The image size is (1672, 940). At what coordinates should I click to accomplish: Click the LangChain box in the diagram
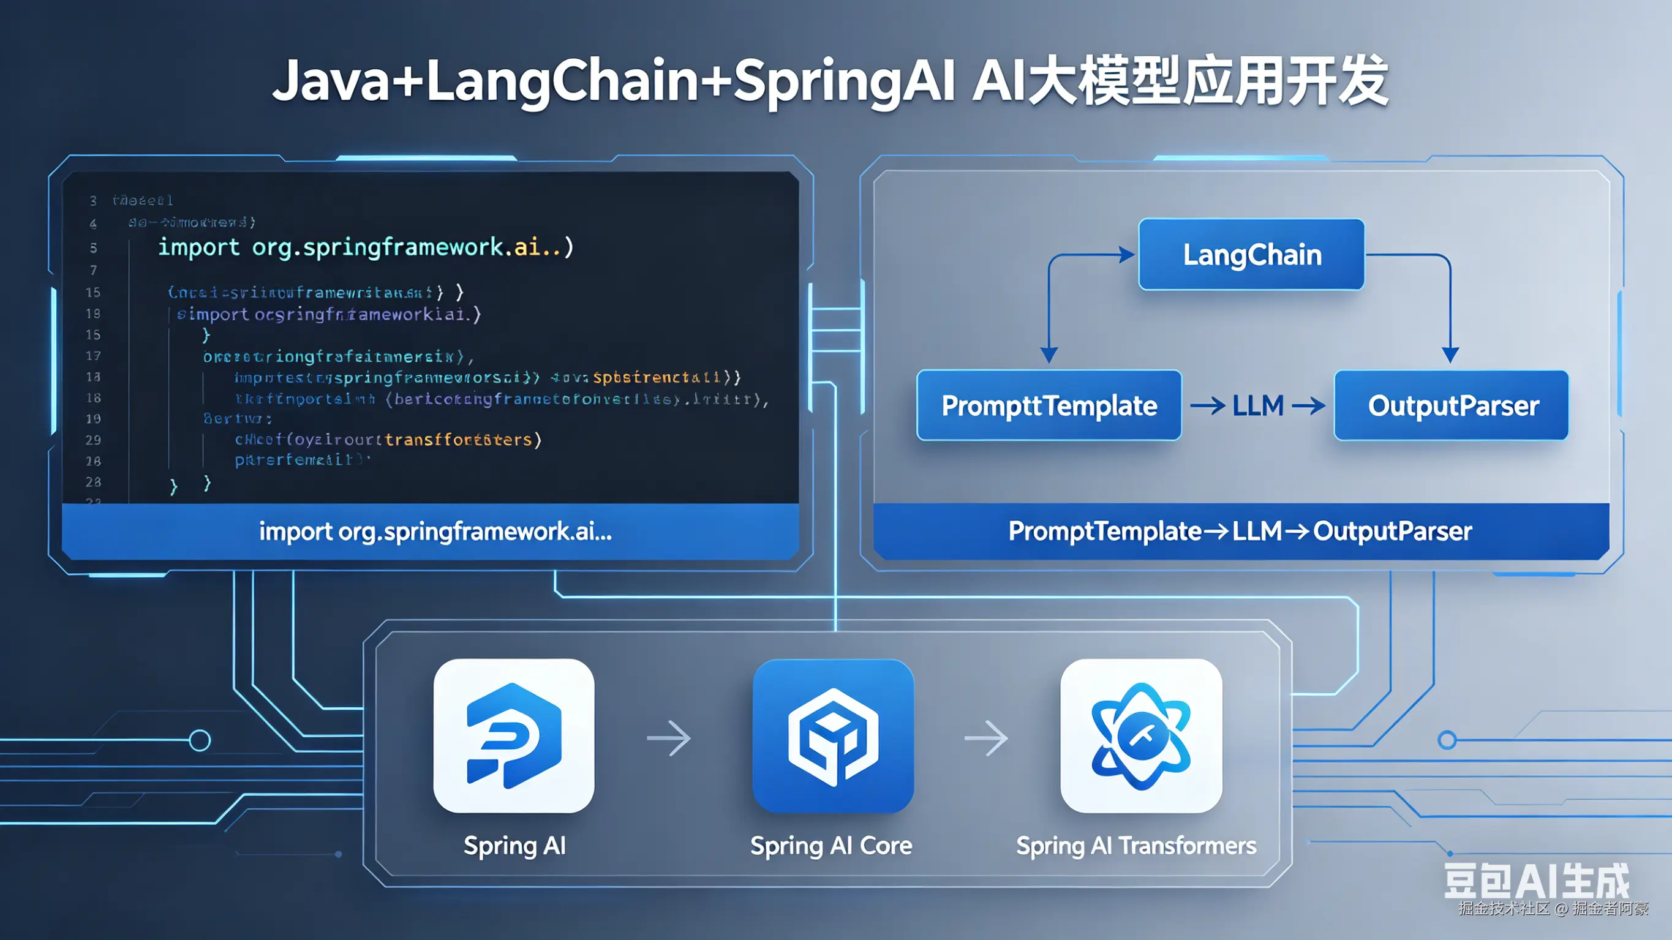tap(1251, 255)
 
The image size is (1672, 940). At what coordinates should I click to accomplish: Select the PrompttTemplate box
tap(1049, 406)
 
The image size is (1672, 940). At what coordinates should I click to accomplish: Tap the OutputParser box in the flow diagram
tap(1452, 406)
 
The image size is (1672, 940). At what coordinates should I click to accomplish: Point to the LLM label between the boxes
tap(1258, 406)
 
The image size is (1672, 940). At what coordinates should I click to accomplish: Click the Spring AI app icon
tap(513, 735)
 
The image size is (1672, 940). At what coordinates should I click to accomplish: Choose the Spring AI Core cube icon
tap(833, 735)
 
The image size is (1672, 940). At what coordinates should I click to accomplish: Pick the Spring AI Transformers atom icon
tap(1141, 735)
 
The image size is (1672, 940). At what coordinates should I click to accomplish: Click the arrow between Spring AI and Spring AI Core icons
tap(669, 738)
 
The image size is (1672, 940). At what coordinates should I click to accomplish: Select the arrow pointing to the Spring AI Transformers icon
tap(986, 738)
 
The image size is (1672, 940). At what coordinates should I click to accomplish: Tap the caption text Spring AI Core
tap(831, 846)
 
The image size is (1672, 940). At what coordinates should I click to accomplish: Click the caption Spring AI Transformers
tap(1136, 846)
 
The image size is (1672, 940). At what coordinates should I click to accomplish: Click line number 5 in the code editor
tap(94, 248)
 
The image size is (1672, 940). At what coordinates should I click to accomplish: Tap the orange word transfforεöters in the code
tap(458, 440)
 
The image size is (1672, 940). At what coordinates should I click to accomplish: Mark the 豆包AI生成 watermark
tap(1537, 881)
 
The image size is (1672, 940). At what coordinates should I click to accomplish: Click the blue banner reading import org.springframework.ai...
tap(435, 532)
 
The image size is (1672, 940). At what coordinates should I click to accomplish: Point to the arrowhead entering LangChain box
tap(1127, 255)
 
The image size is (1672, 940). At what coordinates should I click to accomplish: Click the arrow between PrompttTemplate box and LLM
tap(1207, 407)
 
